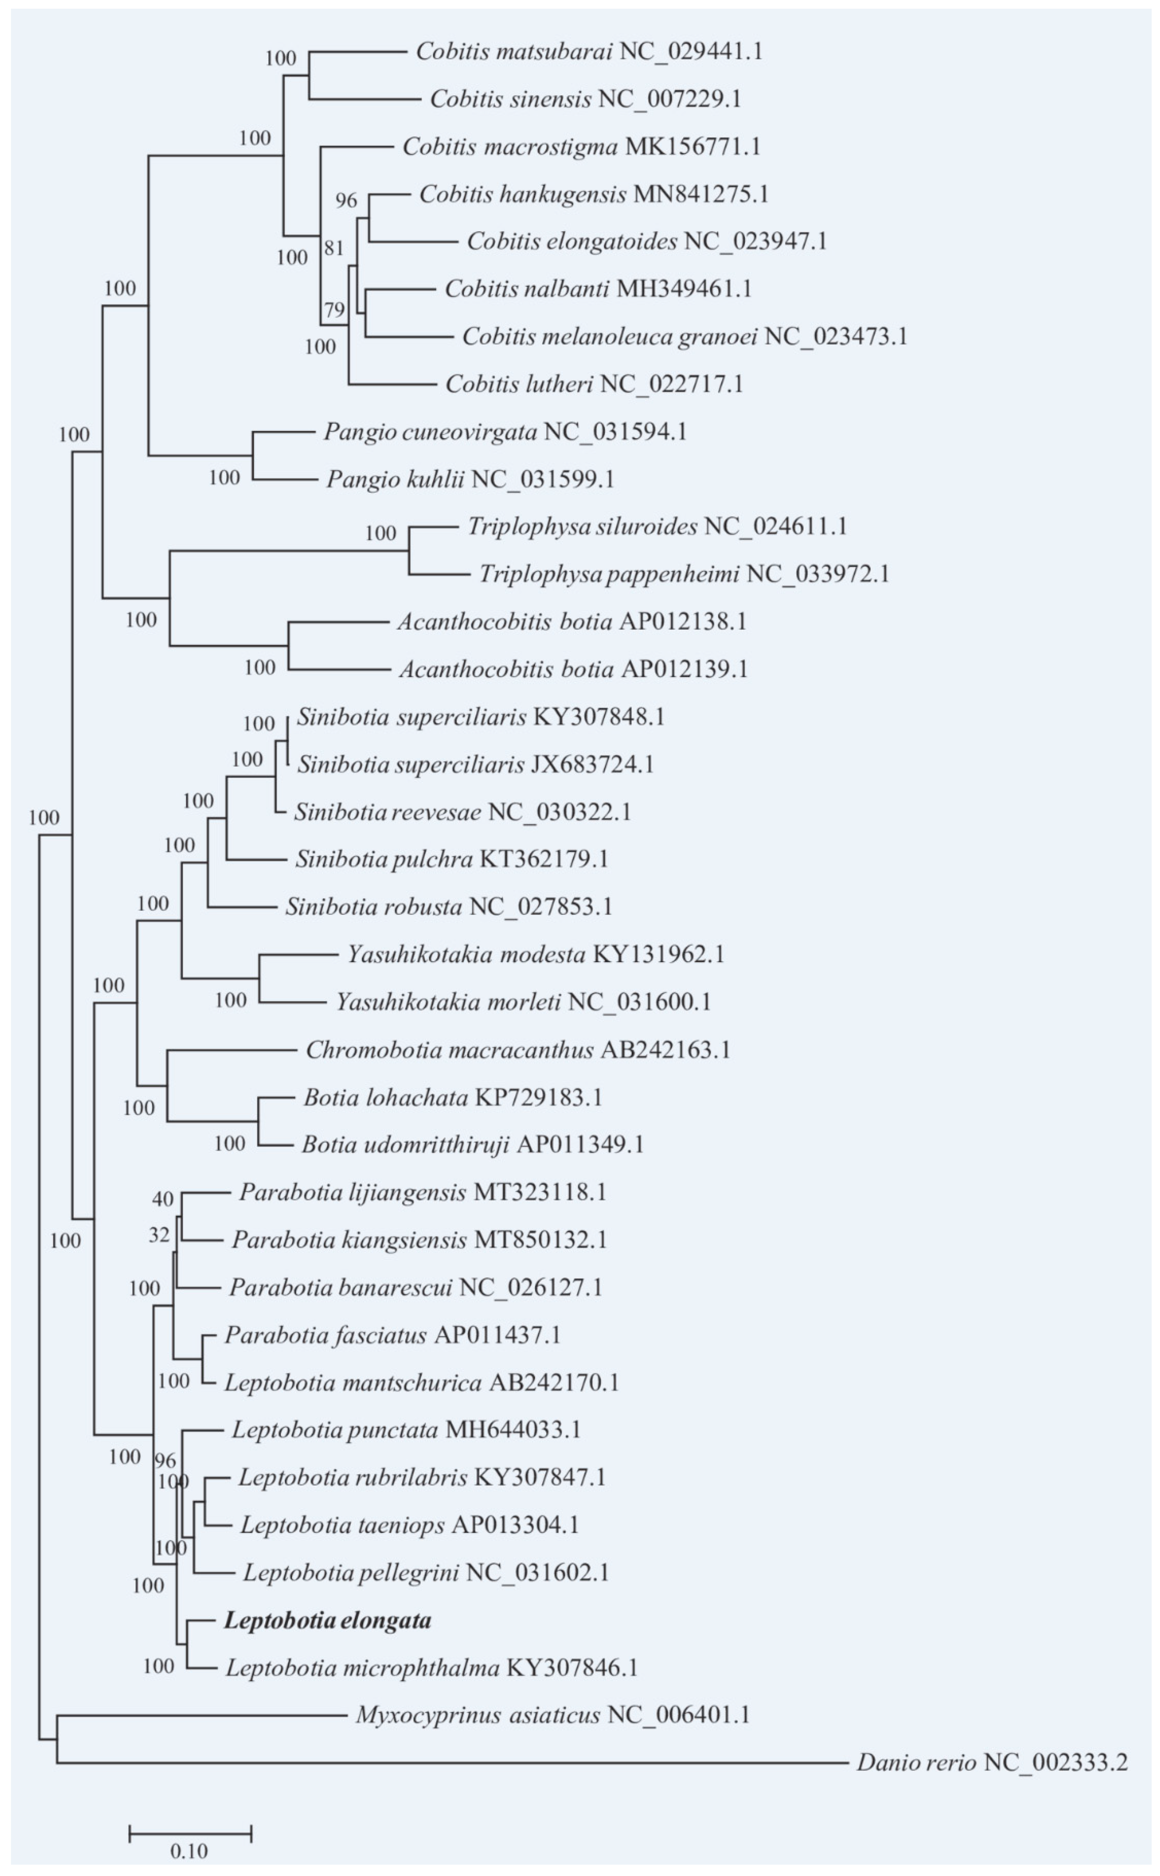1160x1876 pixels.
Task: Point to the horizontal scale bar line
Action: (190, 1834)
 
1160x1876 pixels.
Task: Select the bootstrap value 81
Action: (334, 248)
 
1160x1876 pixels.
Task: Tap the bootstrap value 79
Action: (334, 310)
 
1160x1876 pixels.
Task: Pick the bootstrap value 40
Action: (163, 1198)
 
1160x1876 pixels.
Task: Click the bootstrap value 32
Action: (159, 1235)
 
